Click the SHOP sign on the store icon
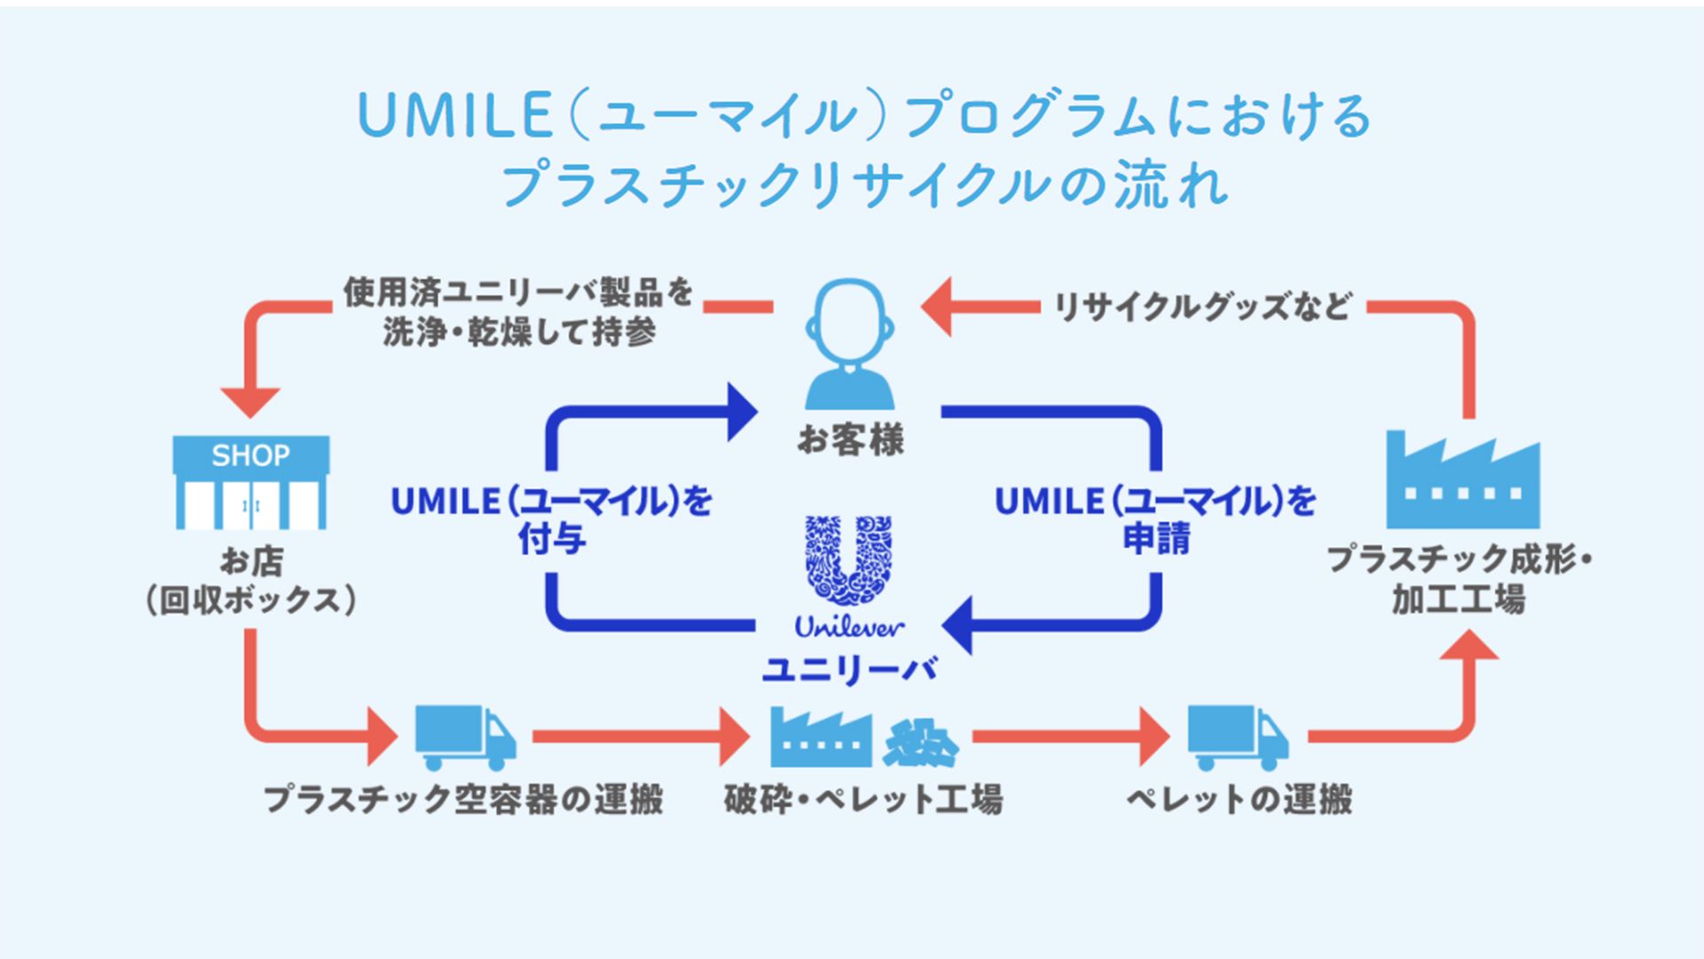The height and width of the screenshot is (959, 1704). (x=250, y=456)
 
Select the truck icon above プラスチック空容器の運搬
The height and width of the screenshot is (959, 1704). (x=464, y=737)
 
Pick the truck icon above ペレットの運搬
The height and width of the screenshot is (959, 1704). (x=1237, y=737)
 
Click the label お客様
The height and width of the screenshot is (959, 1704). (x=850, y=440)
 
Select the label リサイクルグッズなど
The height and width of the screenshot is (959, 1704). (x=1203, y=307)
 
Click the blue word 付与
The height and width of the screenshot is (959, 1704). (x=552, y=539)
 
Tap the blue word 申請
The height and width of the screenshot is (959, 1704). (x=1156, y=539)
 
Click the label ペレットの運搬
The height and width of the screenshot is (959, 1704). (x=1239, y=799)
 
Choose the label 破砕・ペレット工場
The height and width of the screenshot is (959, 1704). (x=863, y=799)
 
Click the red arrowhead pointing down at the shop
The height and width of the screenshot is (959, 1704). (x=250, y=401)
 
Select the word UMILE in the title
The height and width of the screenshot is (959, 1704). (x=454, y=116)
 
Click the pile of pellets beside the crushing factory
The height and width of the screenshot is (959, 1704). (x=919, y=742)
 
